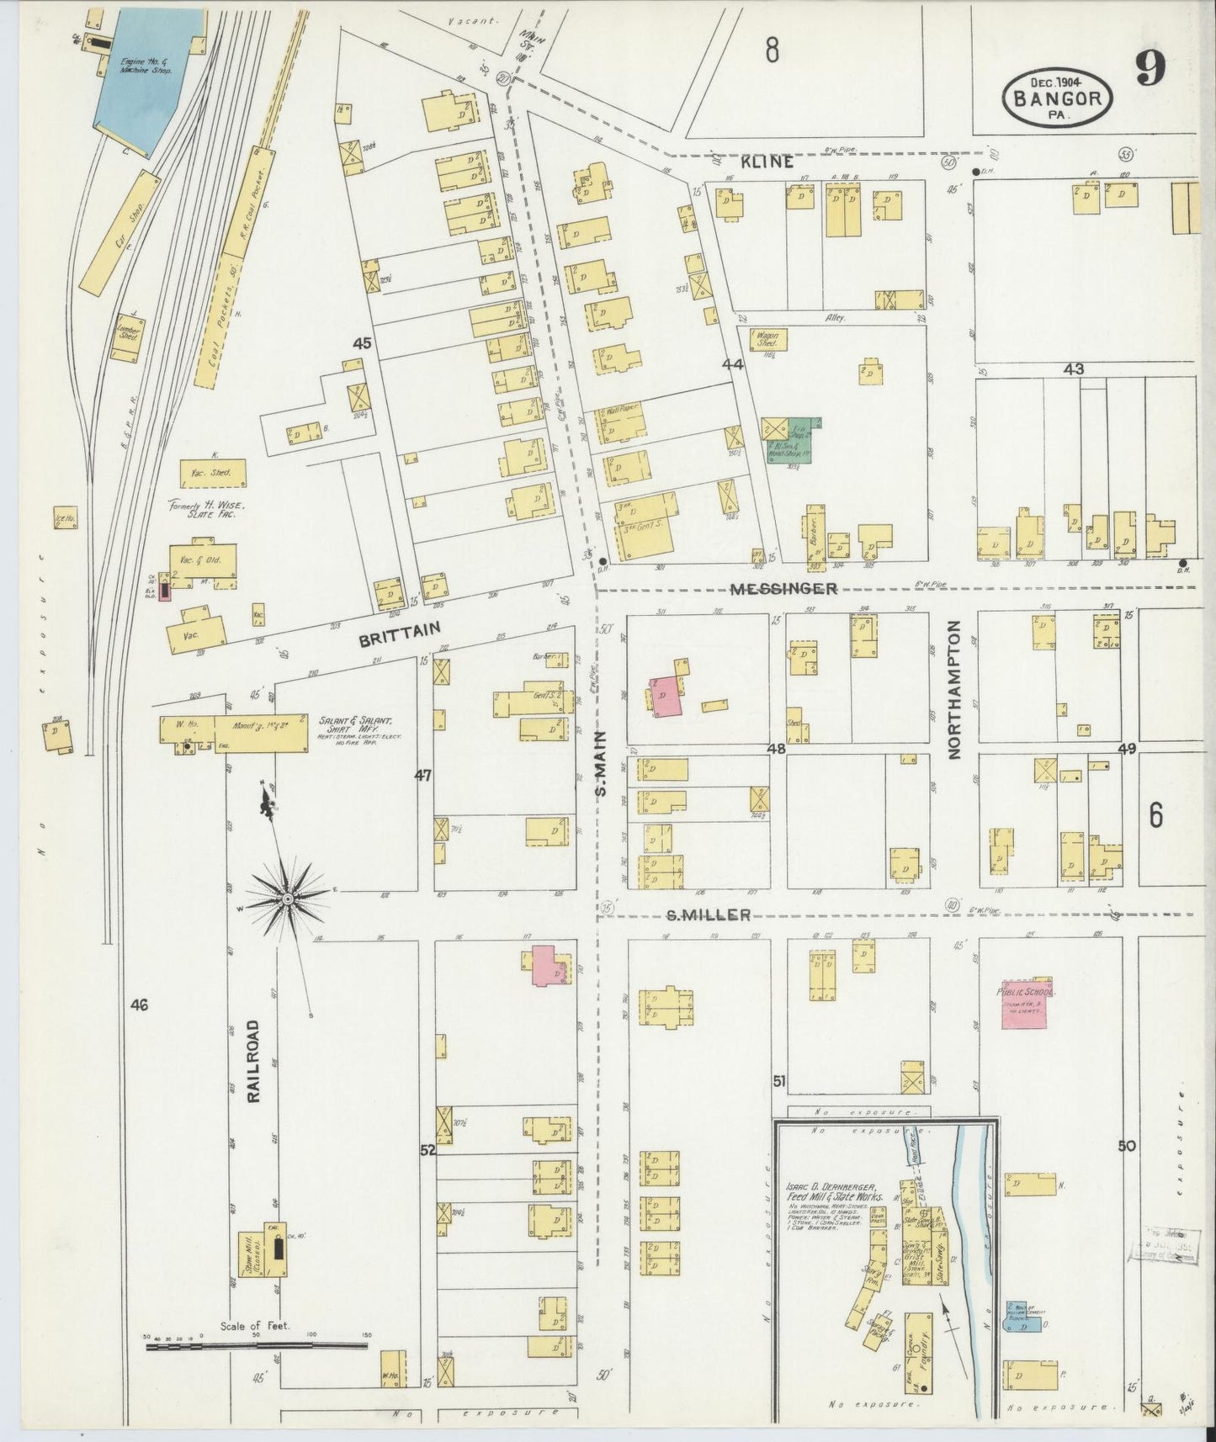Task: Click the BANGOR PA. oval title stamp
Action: pos(1059,97)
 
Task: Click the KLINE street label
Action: pos(767,162)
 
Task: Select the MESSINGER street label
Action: pos(783,589)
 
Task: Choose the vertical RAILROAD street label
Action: pos(254,1058)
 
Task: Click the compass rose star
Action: pos(288,898)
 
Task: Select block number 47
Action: pos(422,775)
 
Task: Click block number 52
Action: pos(427,1150)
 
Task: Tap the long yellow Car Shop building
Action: pos(120,231)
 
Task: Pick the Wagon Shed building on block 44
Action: pos(767,340)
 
